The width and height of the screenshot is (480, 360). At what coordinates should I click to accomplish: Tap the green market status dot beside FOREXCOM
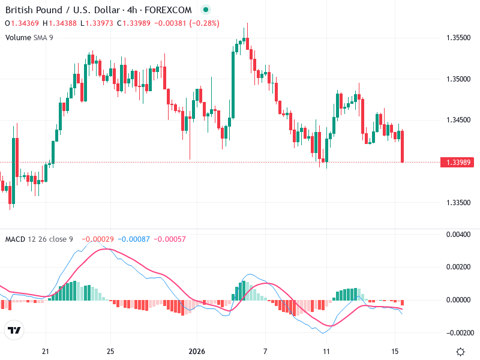(x=206, y=10)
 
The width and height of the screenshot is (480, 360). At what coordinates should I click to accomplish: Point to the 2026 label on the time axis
(x=197, y=351)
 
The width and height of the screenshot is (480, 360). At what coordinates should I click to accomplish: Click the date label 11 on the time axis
(x=326, y=351)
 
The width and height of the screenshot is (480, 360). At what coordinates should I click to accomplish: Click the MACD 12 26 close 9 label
(x=39, y=239)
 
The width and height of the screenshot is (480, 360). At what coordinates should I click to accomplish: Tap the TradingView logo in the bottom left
(x=14, y=331)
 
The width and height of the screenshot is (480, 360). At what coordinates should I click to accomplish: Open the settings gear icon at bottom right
(x=460, y=352)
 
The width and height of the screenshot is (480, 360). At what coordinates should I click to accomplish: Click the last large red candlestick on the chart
(x=402, y=146)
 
